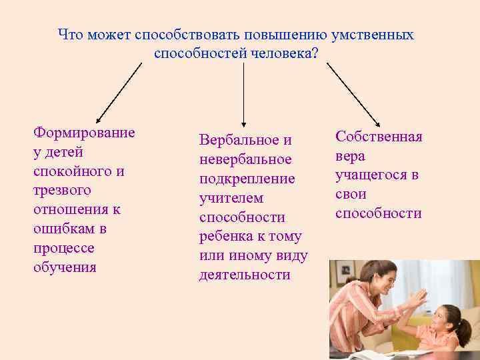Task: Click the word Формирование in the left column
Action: point(84,132)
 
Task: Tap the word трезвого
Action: point(62,190)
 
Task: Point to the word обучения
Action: point(65,267)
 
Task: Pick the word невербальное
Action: point(245,159)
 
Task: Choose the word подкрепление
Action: point(247,179)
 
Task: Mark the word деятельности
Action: point(245,275)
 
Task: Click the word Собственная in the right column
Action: point(379,137)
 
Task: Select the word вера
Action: point(351,156)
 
